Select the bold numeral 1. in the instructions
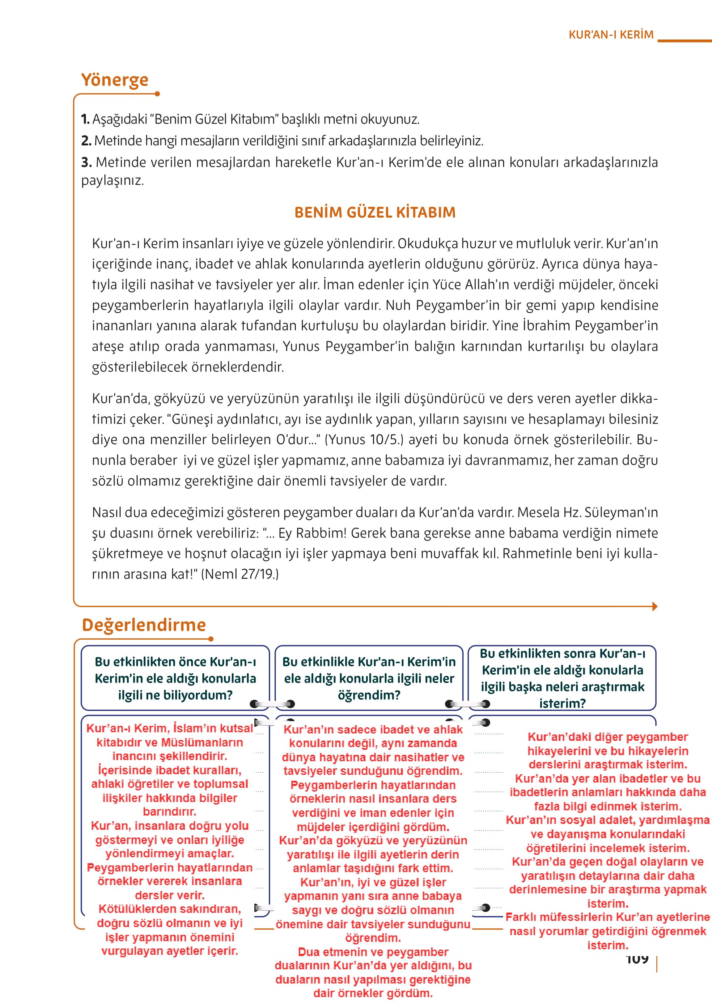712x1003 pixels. coord(86,119)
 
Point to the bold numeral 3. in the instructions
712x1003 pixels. coord(86,162)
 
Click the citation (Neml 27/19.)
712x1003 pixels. coord(240,574)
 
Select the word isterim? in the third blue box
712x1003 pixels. coord(562,704)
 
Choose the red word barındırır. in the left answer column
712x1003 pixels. coord(170,811)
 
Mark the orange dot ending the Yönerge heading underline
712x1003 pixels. coord(157,94)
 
